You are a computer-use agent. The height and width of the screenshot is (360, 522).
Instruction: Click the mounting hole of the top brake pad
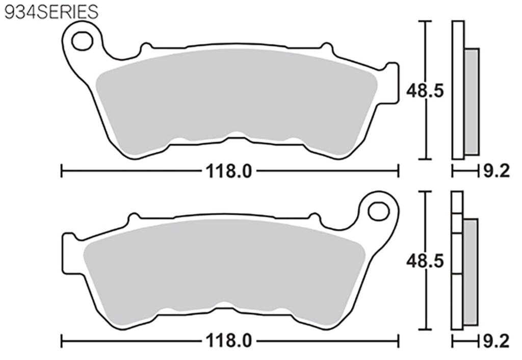pyautogui.click(x=82, y=41)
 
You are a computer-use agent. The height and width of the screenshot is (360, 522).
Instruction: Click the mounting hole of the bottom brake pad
pyautogui.click(x=378, y=211)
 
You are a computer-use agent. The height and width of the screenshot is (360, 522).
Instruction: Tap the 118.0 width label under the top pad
pyautogui.click(x=229, y=172)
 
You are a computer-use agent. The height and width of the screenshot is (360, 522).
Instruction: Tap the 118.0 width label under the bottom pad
pyautogui.click(x=229, y=340)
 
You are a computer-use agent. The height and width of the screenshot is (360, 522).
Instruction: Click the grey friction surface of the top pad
pyautogui.click(x=234, y=97)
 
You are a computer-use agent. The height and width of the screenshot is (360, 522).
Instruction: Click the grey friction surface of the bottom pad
pyautogui.click(x=224, y=268)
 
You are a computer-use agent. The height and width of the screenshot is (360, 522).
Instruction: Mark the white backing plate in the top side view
pyautogui.click(x=458, y=89)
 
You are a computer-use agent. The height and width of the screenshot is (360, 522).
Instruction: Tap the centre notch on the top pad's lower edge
pyautogui.click(x=234, y=136)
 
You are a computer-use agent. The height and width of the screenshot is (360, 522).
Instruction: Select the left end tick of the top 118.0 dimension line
pyautogui.click(x=62, y=171)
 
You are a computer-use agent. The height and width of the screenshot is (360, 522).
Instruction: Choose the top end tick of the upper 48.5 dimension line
pyautogui.click(x=425, y=21)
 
